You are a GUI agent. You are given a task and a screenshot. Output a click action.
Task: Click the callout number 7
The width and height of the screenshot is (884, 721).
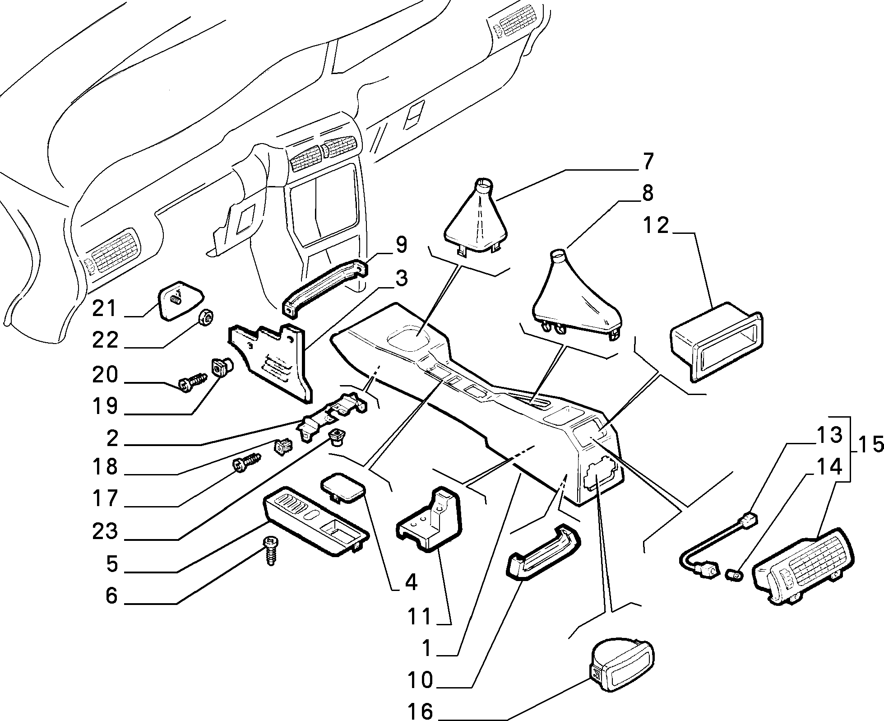click(648, 162)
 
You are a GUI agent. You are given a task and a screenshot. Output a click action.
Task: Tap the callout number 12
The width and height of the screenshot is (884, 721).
click(656, 225)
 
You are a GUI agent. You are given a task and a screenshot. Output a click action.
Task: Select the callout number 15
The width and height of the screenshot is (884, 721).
click(869, 445)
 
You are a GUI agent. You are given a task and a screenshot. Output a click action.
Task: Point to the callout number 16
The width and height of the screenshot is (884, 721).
click(420, 712)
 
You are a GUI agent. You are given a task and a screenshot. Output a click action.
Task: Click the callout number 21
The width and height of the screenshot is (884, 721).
click(104, 309)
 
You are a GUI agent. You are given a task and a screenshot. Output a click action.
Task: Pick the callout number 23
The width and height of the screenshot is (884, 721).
click(105, 531)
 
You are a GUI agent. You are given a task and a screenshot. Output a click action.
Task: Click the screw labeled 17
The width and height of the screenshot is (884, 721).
click(247, 464)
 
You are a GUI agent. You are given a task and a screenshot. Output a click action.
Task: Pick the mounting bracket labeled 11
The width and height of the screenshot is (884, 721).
click(429, 519)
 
